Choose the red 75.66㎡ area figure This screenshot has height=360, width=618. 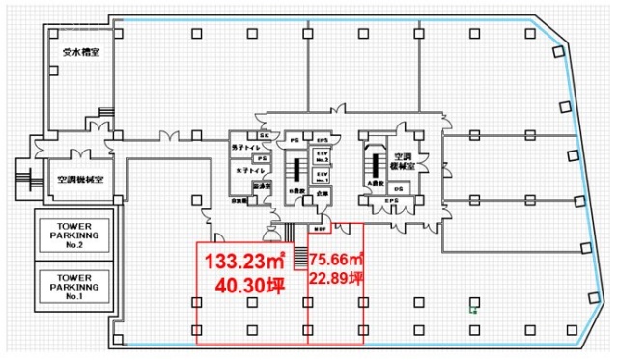(336, 260)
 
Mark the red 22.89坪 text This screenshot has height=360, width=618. (336, 280)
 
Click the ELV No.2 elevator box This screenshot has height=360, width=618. (321, 156)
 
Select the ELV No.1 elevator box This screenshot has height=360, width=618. (321, 177)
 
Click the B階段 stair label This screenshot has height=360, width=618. (295, 191)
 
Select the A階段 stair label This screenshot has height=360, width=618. (374, 180)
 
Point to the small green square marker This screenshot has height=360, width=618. (472, 310)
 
